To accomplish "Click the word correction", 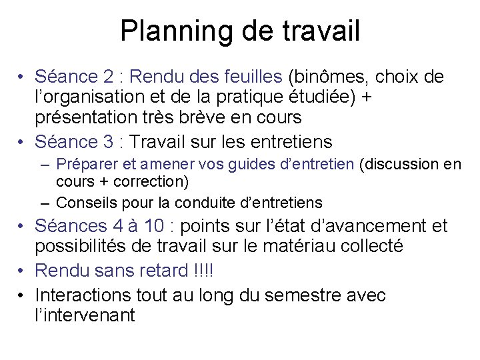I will click(x=157, y=181).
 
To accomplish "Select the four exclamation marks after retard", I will click(x=211, y=270).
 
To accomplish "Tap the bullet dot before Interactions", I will click(x=22, y=294).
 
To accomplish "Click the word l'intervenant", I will click(x=84, y=315).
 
